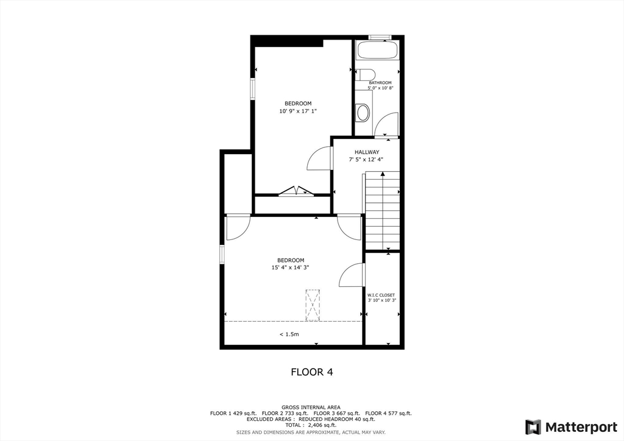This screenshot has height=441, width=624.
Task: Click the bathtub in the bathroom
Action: coord(377,51)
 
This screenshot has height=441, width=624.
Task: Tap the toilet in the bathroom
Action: coord(364,75)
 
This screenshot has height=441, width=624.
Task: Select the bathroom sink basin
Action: coord(363,112)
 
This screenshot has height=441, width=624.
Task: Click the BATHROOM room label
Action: coord(380,83)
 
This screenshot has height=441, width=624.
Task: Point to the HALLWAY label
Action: coord(367,152)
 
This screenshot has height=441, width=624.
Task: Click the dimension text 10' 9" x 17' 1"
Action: coord(298,111)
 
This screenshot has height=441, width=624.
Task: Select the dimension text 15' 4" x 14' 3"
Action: coord(291,267)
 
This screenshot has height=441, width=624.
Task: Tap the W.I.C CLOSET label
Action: coord(381,295)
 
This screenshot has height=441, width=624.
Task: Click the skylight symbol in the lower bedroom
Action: coord(313,305)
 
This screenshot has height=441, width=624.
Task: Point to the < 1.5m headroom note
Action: coord(289,334)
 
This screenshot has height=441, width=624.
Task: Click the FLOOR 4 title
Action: coord(311,372)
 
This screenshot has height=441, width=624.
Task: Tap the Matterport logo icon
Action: coord(533,426)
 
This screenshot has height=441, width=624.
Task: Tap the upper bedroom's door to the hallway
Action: coord(320,160)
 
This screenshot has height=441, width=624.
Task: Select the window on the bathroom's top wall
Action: coord(380,37)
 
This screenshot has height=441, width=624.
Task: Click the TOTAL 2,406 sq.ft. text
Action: coord(311,426)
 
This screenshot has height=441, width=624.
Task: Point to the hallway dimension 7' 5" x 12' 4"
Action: coord(366,160)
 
